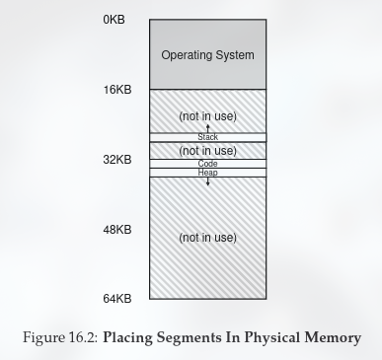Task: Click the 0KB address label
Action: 114,20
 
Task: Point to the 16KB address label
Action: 116,90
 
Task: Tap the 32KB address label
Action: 116,159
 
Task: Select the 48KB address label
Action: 116,229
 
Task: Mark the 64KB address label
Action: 116,298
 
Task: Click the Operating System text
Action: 207,55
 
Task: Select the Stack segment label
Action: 207,137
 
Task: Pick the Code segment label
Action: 207,164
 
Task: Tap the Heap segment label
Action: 207,173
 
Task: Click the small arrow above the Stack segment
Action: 207,128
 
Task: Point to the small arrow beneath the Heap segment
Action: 207,181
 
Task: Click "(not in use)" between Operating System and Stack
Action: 207,116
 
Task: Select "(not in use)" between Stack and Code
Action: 207,151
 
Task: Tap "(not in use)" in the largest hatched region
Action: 207,238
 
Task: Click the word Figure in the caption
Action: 45,338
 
